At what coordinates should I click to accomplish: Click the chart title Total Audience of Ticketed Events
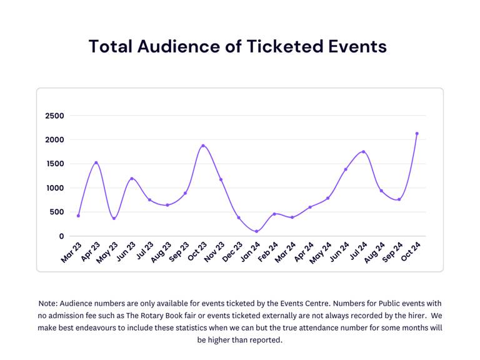pyautogui.click(x=237, y=46)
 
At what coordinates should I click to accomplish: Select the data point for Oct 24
pyautogui.click(x=417, y=133)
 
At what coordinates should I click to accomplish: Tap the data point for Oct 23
pyautogui.click(x=203, y=146)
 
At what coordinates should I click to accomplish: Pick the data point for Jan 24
pyautogui.click(x=256, y=231)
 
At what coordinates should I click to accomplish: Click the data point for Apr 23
pyautogui.click(x=96, y=162)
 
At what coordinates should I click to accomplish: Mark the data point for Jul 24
pyautogui.click(x=363, y=151)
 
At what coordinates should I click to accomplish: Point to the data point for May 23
pyautogui.click(x=114, y=218)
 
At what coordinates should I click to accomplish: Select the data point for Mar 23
pyautogui.click(x=78, y=216)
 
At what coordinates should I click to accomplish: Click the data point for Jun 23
pyautogui.click(x=131, y=178)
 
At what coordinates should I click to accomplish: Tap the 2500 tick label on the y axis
pyautogui.click(x=54, y=116)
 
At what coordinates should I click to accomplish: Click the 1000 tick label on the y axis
pyautogui.click(x=54, y=188)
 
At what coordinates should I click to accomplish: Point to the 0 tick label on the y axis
pyautogui.click(x=61, y=236)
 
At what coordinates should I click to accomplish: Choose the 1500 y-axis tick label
pyautogui.click(x=54, y=164)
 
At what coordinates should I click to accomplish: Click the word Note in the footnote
pyautogui.click(x=48, y=303)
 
